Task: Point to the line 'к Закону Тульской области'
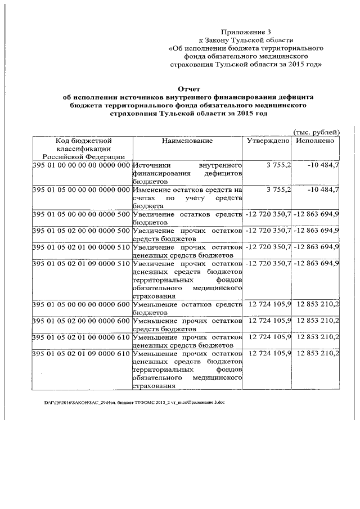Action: coord(246,40)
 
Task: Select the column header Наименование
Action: coord(187,141)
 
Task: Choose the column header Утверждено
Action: coord(268,141)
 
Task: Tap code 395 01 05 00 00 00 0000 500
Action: coord(82,215)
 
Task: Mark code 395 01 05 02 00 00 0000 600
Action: coord(82,321)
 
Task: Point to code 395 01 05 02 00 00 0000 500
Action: coord(82,231)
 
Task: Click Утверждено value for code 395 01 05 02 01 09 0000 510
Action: coord(268,264)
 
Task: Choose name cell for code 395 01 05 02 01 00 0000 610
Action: coord(187,341)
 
